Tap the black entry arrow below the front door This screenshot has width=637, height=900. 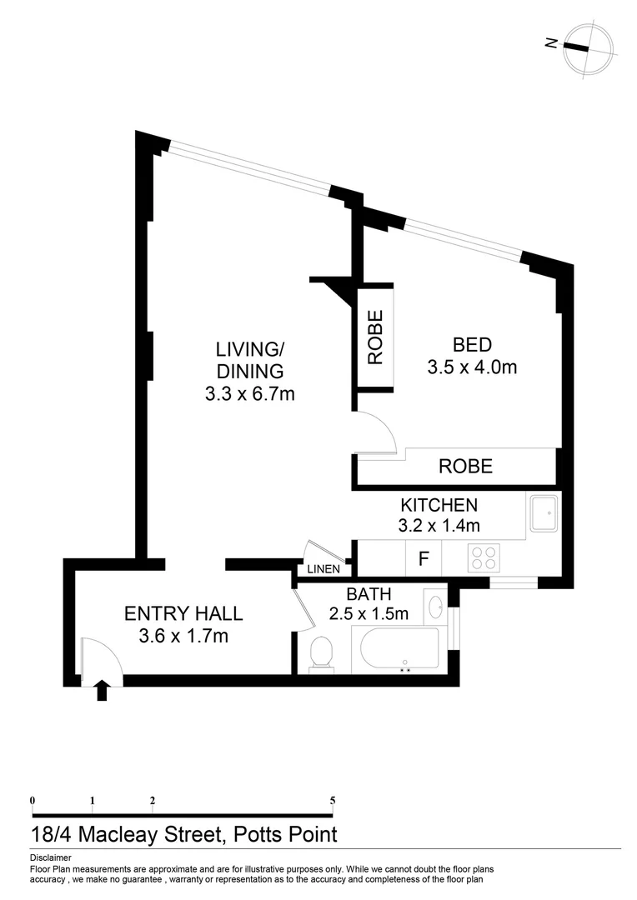click(103, 691)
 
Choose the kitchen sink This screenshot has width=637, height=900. click(544, 513)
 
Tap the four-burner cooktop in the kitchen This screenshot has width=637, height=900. click(483, 557)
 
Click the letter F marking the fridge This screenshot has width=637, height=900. click(424, 558)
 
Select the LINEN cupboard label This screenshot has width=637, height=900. click(324, 569)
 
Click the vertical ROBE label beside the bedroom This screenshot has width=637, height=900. click(375, 337)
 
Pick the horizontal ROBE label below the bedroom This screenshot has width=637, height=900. click(466, 466)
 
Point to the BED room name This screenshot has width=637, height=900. click(472, 345)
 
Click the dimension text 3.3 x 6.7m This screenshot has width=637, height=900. click(250, 394)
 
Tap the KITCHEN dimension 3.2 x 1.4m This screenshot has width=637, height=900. click(439, 525)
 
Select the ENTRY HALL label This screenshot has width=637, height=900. click(183, 613)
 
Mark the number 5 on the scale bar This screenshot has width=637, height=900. click(333, 801)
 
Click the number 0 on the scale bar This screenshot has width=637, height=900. click(33, 801)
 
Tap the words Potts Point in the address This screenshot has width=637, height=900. click(285, 834)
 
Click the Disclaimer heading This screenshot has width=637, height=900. click(51, 858)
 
